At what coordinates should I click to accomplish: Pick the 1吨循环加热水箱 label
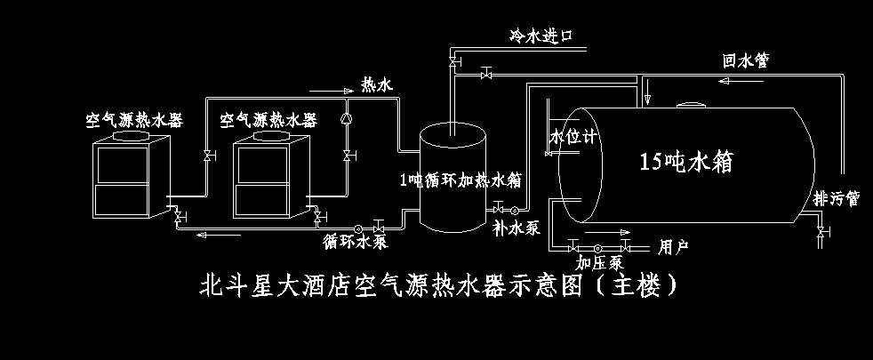[460, 180]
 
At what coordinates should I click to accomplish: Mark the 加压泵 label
[598, 263]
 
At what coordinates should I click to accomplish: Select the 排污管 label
[836, 198]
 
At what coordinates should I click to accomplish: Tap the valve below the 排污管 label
[821, 233]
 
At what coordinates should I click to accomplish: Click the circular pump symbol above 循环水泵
[358, 225]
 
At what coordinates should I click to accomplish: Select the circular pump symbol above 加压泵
[597, 246]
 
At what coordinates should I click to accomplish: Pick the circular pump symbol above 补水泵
[515, 210]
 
